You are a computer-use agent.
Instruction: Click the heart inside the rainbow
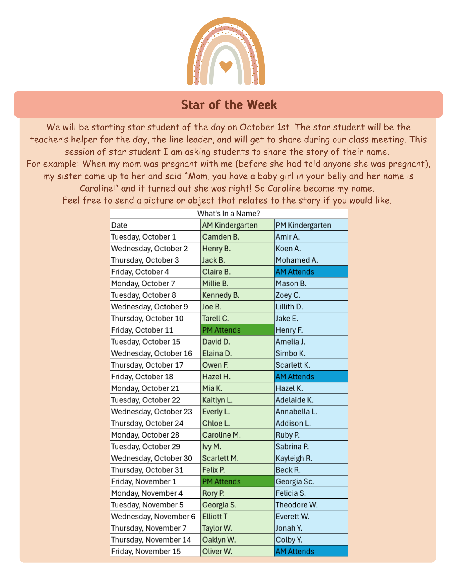(x=226, y=66)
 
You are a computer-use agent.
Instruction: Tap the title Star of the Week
(x=229, y=105)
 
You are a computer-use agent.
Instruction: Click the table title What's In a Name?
(x=228, y=214)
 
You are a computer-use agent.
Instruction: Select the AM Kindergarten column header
(x=230, y=225)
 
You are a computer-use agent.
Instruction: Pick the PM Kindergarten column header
(x=303, y=225)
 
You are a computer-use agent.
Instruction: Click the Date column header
(x=119, y=225)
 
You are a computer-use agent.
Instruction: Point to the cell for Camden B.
(x=221, y=237)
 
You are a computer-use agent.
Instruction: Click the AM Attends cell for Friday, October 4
(x=295, y=272)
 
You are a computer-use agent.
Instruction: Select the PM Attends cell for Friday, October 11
(x=221, y=330)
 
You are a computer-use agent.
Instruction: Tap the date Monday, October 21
(x=145, y=388)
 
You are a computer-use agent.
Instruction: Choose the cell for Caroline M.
(x=221, y=435)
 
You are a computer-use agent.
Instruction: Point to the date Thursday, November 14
(x=151, y=540)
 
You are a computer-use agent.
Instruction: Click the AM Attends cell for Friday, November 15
(x=295, y=551)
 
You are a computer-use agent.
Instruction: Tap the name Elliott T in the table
(x=215, y=517)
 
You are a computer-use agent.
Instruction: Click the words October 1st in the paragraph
(x=265, y=127)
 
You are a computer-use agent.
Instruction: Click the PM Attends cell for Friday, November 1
(x=221, y=481)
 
